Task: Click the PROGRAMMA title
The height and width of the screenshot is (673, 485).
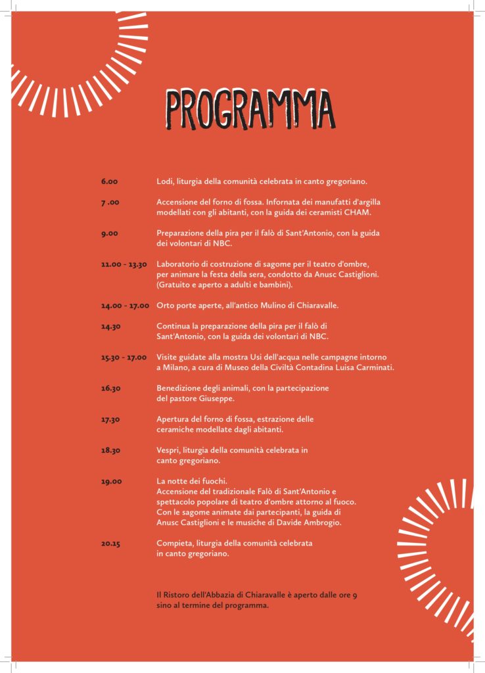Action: [x=249, y=110]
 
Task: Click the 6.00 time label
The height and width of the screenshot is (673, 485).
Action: [x=109, y=181]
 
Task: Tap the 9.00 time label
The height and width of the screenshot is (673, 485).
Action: [x=109, y=233]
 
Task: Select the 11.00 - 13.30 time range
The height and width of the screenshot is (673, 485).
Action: [x=124, y=264]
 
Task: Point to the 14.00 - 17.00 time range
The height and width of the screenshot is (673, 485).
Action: [x=125, y=306]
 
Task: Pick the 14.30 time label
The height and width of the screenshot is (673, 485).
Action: [x=111, y=326]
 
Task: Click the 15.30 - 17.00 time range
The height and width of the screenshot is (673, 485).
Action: [x=124, y=357]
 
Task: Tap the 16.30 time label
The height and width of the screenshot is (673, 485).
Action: [x=111, y=388]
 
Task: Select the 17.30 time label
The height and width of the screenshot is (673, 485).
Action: [x=111, y=419]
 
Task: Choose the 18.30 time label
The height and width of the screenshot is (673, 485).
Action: [x=111, y=450]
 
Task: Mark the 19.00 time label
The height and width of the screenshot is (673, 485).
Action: [x=111, y=482]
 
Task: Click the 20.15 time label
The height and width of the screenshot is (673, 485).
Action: [x=111, y=544]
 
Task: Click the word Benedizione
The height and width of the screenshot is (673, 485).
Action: [x=181, y=388]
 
